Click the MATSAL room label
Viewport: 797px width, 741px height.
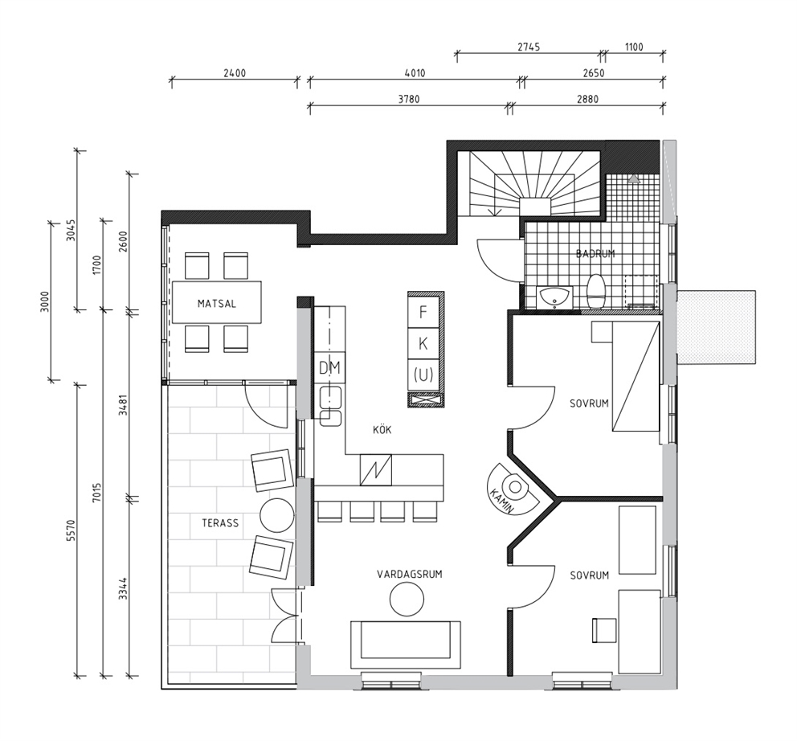pos(217,304)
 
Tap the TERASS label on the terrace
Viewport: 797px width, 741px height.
pos(220,523)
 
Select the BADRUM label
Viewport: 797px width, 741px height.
pos(595,253)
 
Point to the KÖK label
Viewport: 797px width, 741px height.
pos(382,430)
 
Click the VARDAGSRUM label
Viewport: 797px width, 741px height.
pos(410,574)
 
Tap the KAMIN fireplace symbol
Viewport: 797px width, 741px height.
pos(513,489)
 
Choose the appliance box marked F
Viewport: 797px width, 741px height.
pos(423,312)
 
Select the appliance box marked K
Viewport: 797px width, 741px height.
pos(423,344)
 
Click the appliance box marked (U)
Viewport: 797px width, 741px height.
pos(423,375)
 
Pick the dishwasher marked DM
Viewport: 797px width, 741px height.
pos(329,368)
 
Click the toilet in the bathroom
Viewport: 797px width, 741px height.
pos(595,292)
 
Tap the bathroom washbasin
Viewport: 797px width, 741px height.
pos(554,297)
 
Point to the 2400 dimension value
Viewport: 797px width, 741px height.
pos(235,73)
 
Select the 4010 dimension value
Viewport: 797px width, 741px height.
pos(415,73)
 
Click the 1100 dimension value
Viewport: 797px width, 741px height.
pos(634,47)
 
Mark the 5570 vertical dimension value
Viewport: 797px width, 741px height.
pos(72,530)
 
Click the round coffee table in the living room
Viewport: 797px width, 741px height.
pos(407,599)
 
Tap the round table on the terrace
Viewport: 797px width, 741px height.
pos(277,515)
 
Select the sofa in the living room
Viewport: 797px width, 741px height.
pos(406,645)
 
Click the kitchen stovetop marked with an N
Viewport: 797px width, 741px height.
pos(376,469)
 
